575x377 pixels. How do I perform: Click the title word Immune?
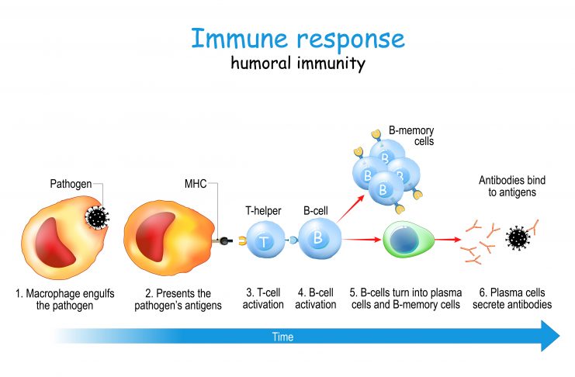240,38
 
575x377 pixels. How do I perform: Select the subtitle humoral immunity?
298,63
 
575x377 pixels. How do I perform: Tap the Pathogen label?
71,184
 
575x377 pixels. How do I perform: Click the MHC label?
196,183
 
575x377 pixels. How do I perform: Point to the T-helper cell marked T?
265,240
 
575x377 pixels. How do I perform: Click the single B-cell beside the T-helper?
320,239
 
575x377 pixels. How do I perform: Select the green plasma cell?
408,240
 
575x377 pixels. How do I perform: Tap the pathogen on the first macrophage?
97,217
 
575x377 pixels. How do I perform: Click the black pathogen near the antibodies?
518,238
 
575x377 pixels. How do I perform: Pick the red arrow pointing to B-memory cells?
351,209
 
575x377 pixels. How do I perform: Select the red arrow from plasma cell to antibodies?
448,240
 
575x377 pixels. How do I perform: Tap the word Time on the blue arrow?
282,337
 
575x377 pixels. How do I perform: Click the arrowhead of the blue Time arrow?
550,336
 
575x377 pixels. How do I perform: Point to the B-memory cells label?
411,136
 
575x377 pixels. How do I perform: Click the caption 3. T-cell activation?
263,299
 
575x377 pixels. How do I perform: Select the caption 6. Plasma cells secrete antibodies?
512,299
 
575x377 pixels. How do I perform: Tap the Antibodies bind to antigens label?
512,186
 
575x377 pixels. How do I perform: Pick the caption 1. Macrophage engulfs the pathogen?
65,299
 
